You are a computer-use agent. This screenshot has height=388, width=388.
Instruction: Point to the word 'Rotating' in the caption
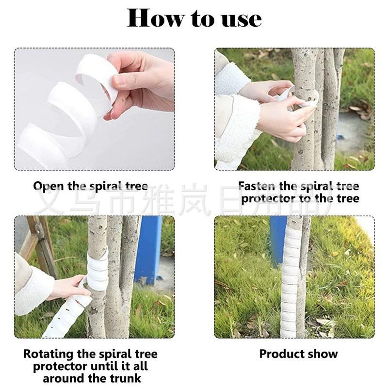click(48, 355)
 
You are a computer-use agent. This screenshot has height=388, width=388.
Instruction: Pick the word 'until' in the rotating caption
click(105, 366)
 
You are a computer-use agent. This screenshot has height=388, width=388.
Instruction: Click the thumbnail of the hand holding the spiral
click(94, 109)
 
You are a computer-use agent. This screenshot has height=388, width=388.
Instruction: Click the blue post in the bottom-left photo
click(148, 250)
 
